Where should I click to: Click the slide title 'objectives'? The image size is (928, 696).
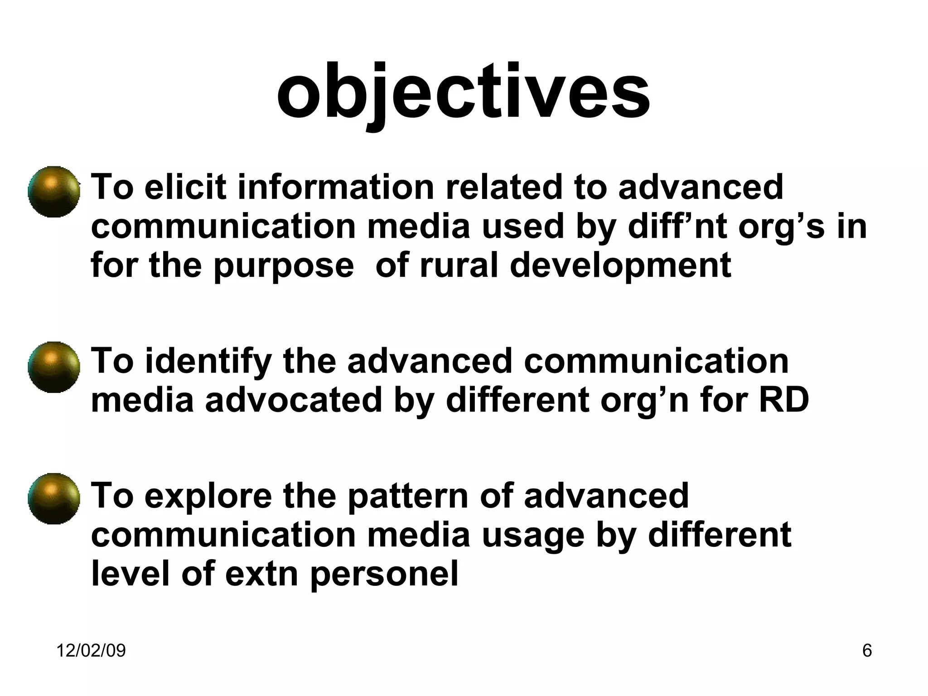tap(463, 93)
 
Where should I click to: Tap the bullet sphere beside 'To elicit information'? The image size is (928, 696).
tap(53, 192)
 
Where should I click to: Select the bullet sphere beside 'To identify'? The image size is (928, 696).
tap(53, 367)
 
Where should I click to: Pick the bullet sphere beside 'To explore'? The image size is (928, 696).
tap(53, 499)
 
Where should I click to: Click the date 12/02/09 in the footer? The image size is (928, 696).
tap(91, 651)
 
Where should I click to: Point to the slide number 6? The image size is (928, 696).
tap(867, 651)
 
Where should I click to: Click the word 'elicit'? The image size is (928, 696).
tap(185, 187)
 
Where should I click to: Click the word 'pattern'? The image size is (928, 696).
tap(408, 496)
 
